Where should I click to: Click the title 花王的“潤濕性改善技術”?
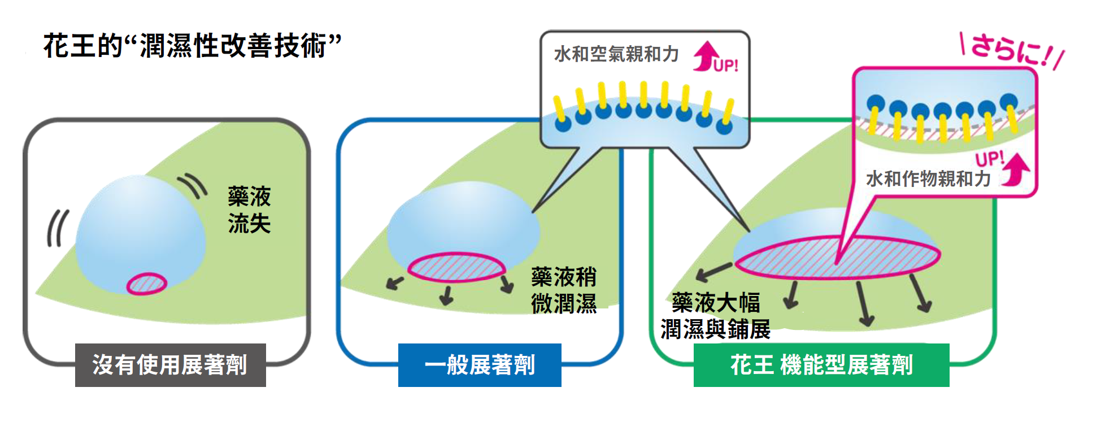tap(192, 45)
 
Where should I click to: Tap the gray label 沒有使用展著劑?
tap(170, 365)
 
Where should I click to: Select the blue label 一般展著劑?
tap(480, 365)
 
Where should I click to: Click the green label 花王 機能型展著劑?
tap(821, 365)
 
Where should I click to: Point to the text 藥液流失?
tap(249, 210)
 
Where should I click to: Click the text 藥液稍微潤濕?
tap(564, 290)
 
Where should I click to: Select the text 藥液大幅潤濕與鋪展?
tap(716, 316)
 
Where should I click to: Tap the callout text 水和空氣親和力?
tap(616, 54)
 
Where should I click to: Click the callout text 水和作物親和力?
tap(928, 179)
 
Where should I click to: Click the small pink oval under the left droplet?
tap(147, 284)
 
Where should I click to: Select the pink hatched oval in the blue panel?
tap(456, 267)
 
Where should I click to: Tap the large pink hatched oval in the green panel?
tap(837, 256)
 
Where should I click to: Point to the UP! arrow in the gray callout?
tap(715, 57)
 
